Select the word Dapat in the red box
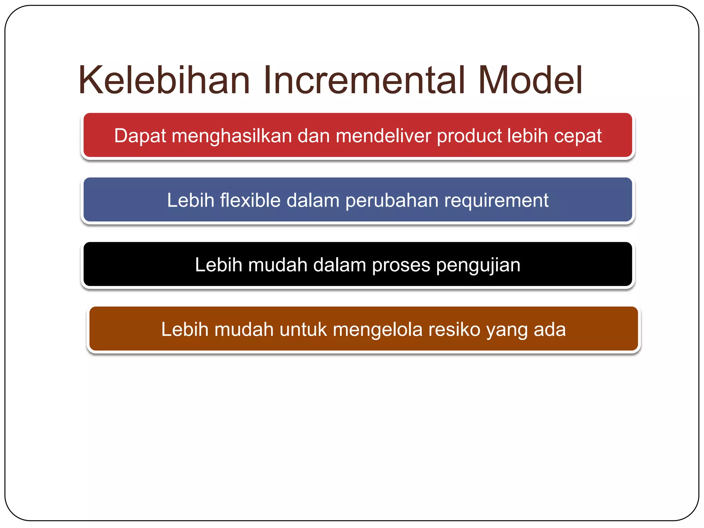tap(140, 136)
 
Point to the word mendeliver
tap(383, 136)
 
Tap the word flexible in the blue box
tap(250, 200)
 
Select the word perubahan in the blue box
tap(392, 201)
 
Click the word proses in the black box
tap(401, 265)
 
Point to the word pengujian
tap(478, 265)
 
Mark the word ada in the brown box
tap(550, 329)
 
